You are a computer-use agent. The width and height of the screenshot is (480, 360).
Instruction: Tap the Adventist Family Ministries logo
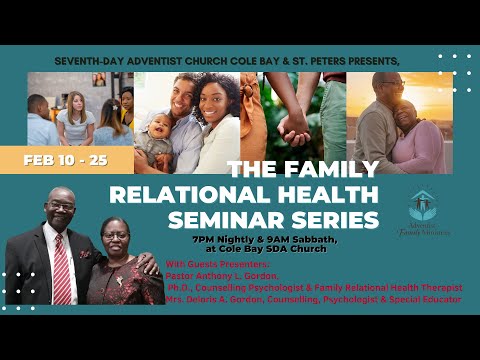tap(428, 210)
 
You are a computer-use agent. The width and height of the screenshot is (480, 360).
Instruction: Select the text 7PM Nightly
tap(222, 240)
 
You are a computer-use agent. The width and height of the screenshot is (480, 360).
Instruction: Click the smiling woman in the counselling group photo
tap(76, 110)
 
